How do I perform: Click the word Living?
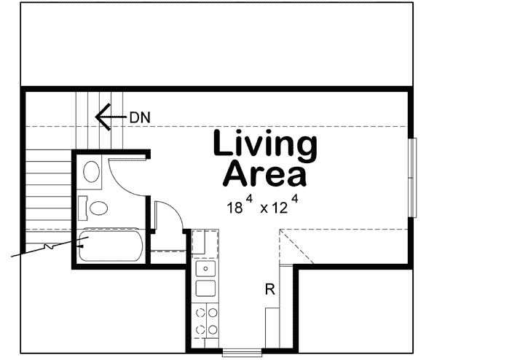pyautogui.click(x=265, y=146)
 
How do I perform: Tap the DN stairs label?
pyautogui.click(x=139, y=116)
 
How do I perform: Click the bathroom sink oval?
pyautogui.click(x=92, y=172)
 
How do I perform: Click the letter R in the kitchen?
pyautogui.click(x=269, y=290)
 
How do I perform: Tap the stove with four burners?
pyautogui.click(x=205, y=321)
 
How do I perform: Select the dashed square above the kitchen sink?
pyautogui.click(x=205, y=242)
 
